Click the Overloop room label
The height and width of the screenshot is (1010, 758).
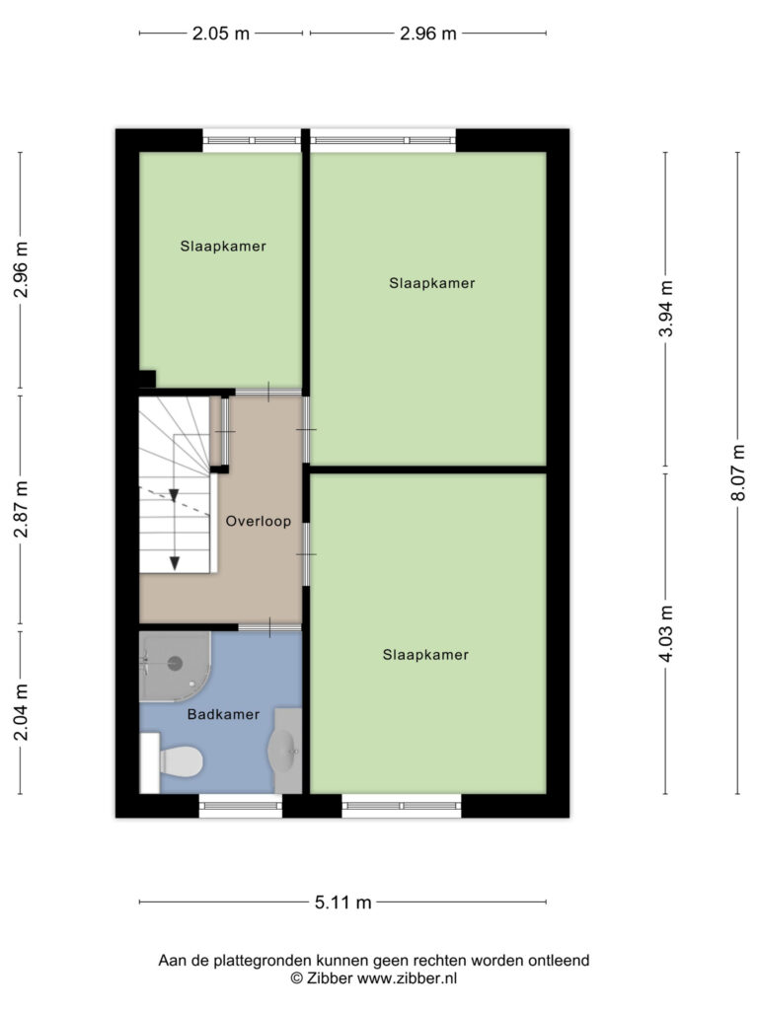(258, 521)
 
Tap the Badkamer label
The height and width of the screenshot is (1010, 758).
(223, 714)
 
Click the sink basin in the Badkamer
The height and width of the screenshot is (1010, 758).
(284, 751)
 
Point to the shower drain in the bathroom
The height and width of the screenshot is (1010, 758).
(175, 662)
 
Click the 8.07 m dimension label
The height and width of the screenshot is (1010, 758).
(739, 472)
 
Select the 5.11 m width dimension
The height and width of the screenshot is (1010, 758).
(342, 902)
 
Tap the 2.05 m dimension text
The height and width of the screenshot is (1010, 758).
(220, 34)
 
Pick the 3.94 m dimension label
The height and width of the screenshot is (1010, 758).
(666, 309)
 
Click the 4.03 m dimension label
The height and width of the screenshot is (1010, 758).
(666, 634)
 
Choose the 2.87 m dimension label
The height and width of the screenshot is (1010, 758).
(22, 510)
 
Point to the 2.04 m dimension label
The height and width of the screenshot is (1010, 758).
(22, 712)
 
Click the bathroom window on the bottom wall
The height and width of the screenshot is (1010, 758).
(241, 806)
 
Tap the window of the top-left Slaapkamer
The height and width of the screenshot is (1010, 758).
(252, 140)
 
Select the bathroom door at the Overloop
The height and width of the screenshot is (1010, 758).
(269, 626)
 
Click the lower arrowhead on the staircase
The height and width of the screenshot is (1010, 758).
(174, 563)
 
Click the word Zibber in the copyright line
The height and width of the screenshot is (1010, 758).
(330, 978)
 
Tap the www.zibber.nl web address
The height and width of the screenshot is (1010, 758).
(408, 978)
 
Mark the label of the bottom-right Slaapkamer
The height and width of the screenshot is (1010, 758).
(425, 655)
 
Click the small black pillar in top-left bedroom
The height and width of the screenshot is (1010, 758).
(148, 379)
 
